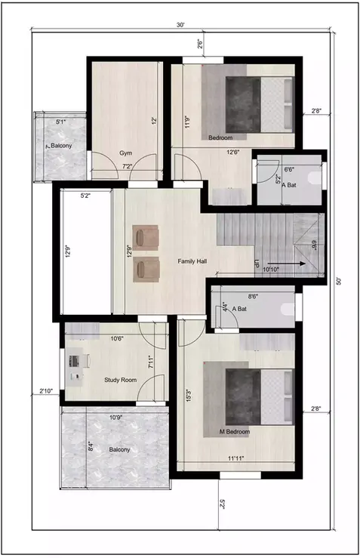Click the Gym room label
click(x=126, y=153)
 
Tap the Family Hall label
click(x=192, y=261)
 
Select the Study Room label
click(x=120, y=380)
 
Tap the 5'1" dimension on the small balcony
click(x=62, y=121)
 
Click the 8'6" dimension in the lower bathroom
click(x=254, y=297)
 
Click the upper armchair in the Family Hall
click(x=146, y=237)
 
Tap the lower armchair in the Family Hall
click(x=146, y=268)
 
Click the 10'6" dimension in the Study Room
click(x=117, y=339)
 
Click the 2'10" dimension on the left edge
click(x=47, y=391)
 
